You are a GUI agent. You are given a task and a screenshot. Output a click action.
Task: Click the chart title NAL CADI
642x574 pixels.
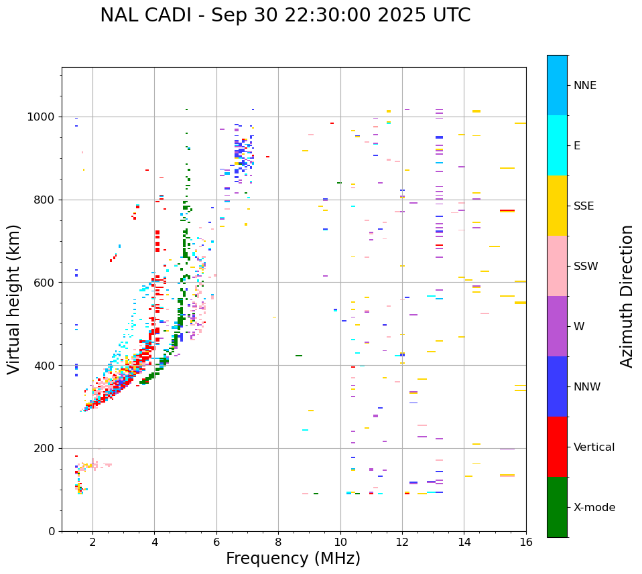click(x=285, y=15)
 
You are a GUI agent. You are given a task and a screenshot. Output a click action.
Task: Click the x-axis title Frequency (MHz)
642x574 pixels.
click(x=293, y=559)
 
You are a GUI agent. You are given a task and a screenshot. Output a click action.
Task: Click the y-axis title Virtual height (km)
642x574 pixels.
click(x=14, y=299)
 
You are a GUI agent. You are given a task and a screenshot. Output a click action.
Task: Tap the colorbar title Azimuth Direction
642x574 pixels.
click(x=627, y=296)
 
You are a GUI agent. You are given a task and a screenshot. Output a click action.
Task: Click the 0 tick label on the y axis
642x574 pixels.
click(x=52, y=531)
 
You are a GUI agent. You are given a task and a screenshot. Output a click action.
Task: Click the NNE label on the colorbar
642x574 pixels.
click(x=585, y=86)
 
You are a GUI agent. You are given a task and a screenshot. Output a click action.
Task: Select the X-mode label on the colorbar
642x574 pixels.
click(x=594, y=508)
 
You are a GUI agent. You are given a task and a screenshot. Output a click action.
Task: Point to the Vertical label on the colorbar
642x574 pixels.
click(x=594, y=447)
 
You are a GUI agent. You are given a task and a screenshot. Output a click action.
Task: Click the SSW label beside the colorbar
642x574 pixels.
click(x=586, y=267)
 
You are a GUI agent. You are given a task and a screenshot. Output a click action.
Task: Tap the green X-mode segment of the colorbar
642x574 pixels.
click(x=557, y=507)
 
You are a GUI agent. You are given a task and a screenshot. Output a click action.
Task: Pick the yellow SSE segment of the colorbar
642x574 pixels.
click(x=557, y=206)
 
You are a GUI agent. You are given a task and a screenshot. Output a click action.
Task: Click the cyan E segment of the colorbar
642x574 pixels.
click(x=557, y=145)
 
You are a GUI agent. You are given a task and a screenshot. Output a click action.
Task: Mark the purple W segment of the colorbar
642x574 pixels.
click(x=557, y=326)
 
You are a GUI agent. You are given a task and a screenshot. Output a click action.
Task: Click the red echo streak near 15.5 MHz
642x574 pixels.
click(x=507, y=210)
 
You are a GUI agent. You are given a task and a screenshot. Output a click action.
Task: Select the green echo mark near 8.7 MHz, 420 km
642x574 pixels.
click(x=299, y=356)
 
